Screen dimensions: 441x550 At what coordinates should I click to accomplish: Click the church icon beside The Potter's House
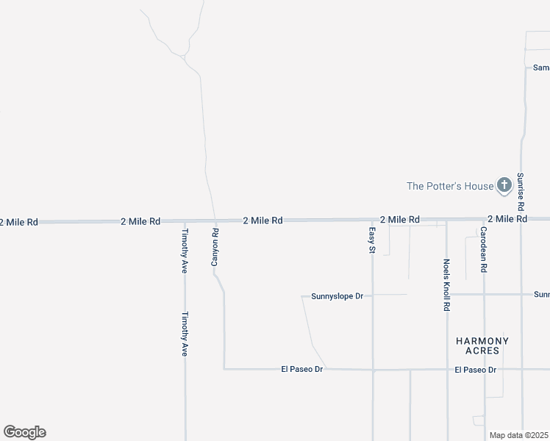504,185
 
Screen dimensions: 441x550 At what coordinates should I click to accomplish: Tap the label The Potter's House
450,186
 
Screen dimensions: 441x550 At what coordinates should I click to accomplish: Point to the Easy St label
372,240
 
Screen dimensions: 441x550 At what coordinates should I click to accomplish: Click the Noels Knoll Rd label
446,284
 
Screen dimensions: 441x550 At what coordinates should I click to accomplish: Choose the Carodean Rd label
484,250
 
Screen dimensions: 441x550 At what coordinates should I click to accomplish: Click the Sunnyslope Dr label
337,296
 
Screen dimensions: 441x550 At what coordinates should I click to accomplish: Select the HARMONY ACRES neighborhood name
482,345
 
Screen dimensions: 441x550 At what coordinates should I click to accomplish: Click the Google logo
24,432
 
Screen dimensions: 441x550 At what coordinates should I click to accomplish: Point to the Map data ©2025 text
518,435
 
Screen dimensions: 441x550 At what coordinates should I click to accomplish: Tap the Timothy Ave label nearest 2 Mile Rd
185,251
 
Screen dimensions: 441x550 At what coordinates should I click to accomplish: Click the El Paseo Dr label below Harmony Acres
476,370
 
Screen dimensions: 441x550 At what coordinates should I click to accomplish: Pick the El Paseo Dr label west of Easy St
302,369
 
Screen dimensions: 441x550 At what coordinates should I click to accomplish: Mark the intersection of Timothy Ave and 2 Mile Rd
185,220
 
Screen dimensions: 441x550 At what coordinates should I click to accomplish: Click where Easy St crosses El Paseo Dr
373,370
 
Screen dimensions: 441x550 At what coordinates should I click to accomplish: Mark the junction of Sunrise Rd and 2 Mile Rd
521,219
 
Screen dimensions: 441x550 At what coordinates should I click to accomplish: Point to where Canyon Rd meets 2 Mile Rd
215,220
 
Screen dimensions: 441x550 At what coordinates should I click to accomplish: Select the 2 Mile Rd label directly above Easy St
400,219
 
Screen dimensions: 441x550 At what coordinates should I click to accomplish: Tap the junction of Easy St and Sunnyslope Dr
373,295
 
